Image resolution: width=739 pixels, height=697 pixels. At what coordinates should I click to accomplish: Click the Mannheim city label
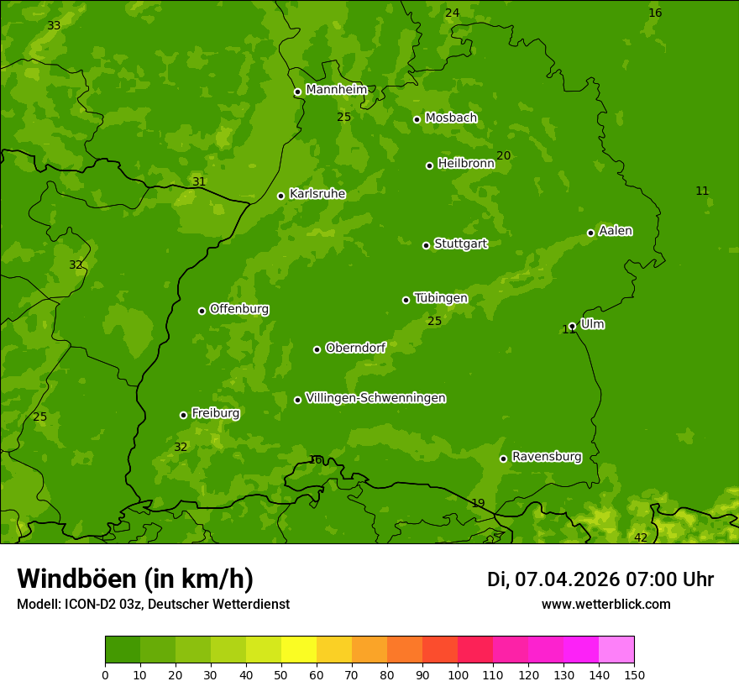point(336,90)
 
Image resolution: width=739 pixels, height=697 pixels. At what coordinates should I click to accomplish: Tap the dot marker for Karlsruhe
point(280,196)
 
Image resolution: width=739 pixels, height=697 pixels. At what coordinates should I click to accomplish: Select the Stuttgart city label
point(460,244)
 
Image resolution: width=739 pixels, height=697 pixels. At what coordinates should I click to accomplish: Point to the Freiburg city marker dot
point(183,415)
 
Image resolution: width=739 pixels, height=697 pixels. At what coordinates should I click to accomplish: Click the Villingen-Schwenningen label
point(375,398)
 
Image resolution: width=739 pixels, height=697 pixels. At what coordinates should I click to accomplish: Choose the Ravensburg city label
point(546,457)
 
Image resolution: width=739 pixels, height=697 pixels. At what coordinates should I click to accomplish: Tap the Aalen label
point(615,231)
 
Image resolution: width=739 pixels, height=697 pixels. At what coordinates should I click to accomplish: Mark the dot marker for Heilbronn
point(429,165)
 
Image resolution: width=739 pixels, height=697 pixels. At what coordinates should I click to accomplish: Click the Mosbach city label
point(450,118)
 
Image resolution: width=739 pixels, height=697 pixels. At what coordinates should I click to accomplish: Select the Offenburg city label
point(238,309)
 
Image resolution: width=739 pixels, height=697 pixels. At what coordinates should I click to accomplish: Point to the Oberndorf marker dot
point(317,349)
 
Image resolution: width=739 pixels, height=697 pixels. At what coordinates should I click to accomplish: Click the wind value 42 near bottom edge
point(641,537)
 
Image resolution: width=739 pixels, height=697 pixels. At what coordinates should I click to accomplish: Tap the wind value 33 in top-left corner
point(54,25)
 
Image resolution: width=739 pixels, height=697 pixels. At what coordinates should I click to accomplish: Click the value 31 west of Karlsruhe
point(199,181)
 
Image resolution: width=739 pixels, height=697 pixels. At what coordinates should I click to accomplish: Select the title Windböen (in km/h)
point(135,579)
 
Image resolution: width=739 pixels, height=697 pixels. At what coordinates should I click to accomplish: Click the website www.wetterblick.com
point(605,604)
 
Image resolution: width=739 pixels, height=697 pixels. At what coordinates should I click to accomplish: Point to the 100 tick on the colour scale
point(458,674)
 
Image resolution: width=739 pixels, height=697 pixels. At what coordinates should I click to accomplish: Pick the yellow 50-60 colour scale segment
point(299,650)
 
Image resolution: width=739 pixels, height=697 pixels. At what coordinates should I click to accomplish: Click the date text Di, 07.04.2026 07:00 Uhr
point(600,579)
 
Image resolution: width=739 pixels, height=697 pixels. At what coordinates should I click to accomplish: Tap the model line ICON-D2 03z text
point(153,604)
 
